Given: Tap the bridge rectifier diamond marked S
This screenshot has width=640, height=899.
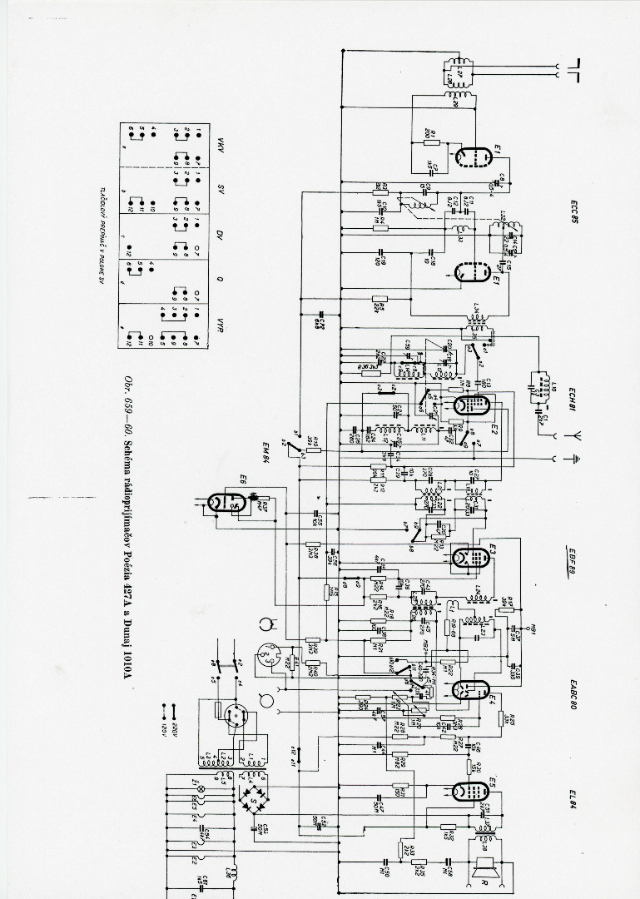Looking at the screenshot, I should coord(251,794).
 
